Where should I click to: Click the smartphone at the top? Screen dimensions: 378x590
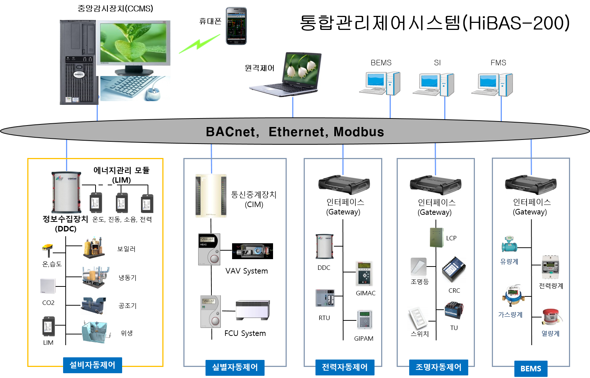[x=236, y=26]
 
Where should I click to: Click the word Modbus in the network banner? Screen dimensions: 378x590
[x=359, y=132]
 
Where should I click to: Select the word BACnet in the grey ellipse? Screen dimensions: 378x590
[x=231, y=132]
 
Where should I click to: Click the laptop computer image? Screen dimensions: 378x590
[x=285, y=75]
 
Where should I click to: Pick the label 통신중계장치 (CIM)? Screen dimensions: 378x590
[x=254, y=199]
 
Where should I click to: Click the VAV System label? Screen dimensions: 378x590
[x=246, y=271]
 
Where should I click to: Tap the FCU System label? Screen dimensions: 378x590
[x=245, y=333]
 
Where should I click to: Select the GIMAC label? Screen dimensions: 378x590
[x=366, y=293]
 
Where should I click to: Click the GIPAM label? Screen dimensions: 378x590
[x=364, y=339]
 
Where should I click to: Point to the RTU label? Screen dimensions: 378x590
[x=324, y=318]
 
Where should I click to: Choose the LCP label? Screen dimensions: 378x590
[x=451, y=238]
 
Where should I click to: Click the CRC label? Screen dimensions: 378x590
[x=454, y=291]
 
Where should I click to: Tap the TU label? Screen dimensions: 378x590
[x=454, y=328]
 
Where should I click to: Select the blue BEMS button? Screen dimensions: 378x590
[x=531, y=368]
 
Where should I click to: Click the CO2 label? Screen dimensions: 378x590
[x=48, y=303]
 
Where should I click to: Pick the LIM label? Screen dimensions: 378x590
[x=48, y=343]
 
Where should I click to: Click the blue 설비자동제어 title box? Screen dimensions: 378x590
[x=93, y=365]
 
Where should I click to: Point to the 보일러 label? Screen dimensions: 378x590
[x=126, y=249]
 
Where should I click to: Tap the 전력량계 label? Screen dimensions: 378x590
[x=551, y=286]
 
